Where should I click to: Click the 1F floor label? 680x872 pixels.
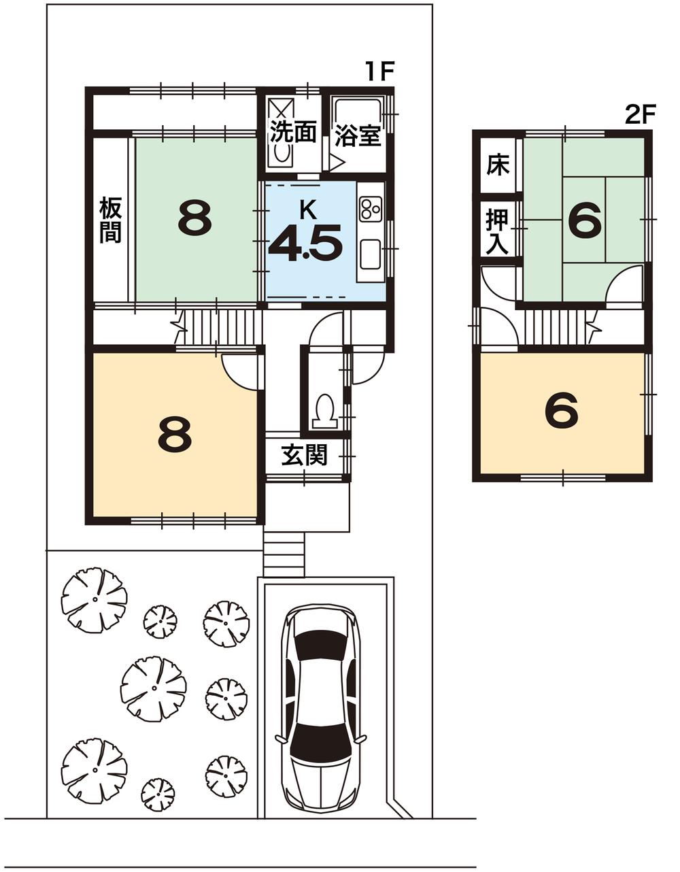379,71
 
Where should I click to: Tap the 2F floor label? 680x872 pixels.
640,114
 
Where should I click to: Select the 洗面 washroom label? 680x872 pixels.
293,131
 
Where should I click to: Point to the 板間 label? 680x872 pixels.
110,219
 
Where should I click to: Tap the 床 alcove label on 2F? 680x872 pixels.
498,165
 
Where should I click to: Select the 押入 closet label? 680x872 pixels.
498,231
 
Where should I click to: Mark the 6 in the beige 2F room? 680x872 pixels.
562,411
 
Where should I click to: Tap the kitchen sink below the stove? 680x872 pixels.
371,255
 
